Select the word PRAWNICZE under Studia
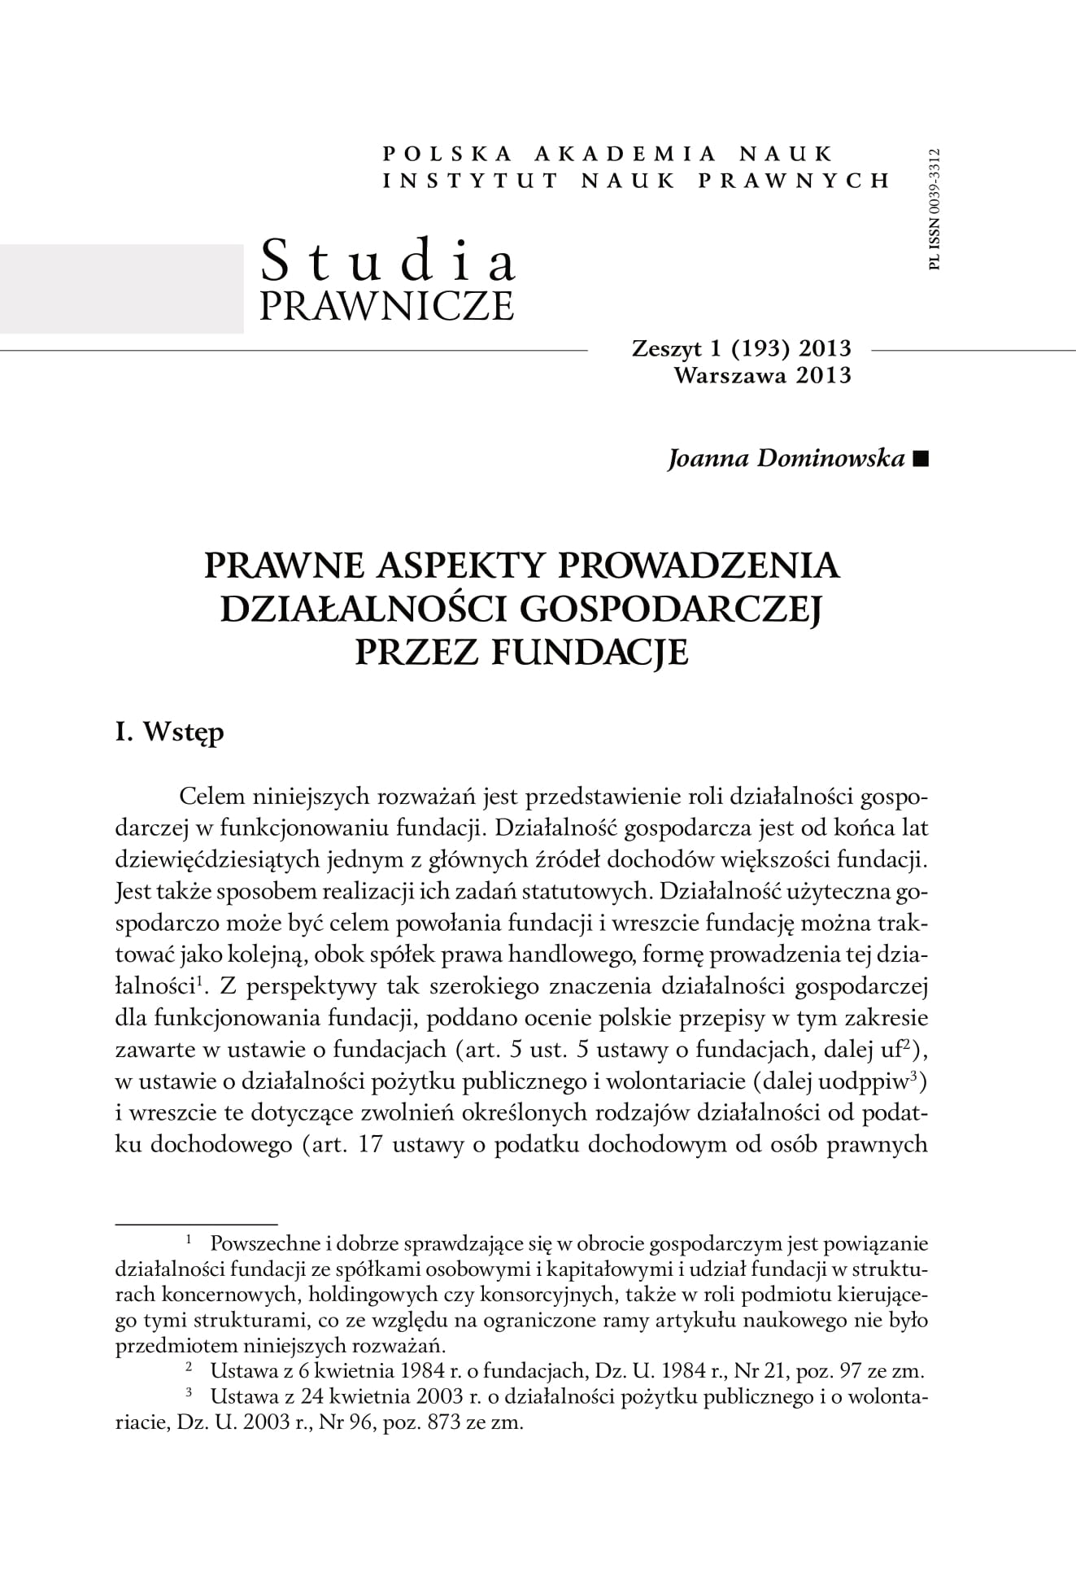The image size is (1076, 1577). tap(386, 305)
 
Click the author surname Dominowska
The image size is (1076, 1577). tap(830, 459)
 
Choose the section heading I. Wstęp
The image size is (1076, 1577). tap(170, 732)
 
